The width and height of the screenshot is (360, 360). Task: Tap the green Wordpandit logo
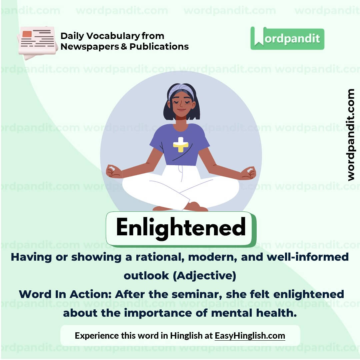(x=287, y=38)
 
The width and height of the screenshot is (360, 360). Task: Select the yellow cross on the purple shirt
(x=181, y=145)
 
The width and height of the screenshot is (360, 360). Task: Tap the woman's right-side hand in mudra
(x=248, y=173)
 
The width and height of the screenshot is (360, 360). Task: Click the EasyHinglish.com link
(x=250, y=335)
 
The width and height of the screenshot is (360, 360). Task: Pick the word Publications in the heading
(x=159, y=46)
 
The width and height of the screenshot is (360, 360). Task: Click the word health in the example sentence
(x=275, y=313)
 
